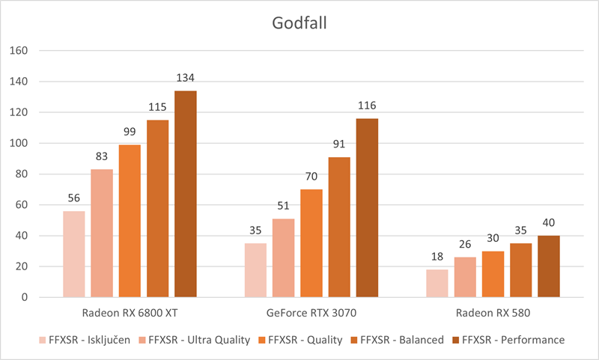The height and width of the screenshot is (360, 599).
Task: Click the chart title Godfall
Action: (x=299, y=23)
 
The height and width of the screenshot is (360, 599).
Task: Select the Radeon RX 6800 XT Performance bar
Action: (x=186, y=194)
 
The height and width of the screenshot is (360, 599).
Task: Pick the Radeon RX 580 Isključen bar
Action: (x=437, y=283)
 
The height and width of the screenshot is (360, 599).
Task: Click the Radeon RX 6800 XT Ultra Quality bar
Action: (x=102, y=233)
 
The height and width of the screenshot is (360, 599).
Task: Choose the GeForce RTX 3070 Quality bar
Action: (x=311, y=243)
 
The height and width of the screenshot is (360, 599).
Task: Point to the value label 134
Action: (x=186, y=79)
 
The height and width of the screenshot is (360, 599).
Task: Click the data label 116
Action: (x=367, y=106)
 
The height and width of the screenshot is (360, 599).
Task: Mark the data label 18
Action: (x=437, y=257)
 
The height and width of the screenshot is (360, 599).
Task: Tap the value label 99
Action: (x=130, y=132)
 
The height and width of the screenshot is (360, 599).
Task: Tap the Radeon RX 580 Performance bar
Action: (x=549, y=266)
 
